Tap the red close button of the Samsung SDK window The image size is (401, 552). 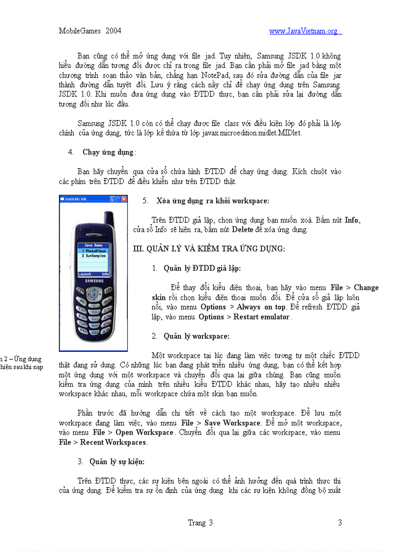(x=124, y=199)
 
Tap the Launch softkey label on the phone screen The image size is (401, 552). (x=85, y=274)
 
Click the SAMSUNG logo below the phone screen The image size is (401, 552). (x=93, y=281)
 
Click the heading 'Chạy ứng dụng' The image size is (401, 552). (x=108, y=152)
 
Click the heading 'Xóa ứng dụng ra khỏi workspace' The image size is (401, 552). (x=212, y=201)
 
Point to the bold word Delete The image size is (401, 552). (x=243, y=230)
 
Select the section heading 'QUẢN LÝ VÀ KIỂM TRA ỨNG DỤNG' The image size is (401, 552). (x=209, y=249)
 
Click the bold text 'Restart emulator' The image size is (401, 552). (x=261, y=317)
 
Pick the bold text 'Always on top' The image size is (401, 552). (x=261, y=307)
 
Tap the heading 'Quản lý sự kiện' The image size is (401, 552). (x=116, y=462)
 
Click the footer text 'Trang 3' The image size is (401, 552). (x=200, y=523)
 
